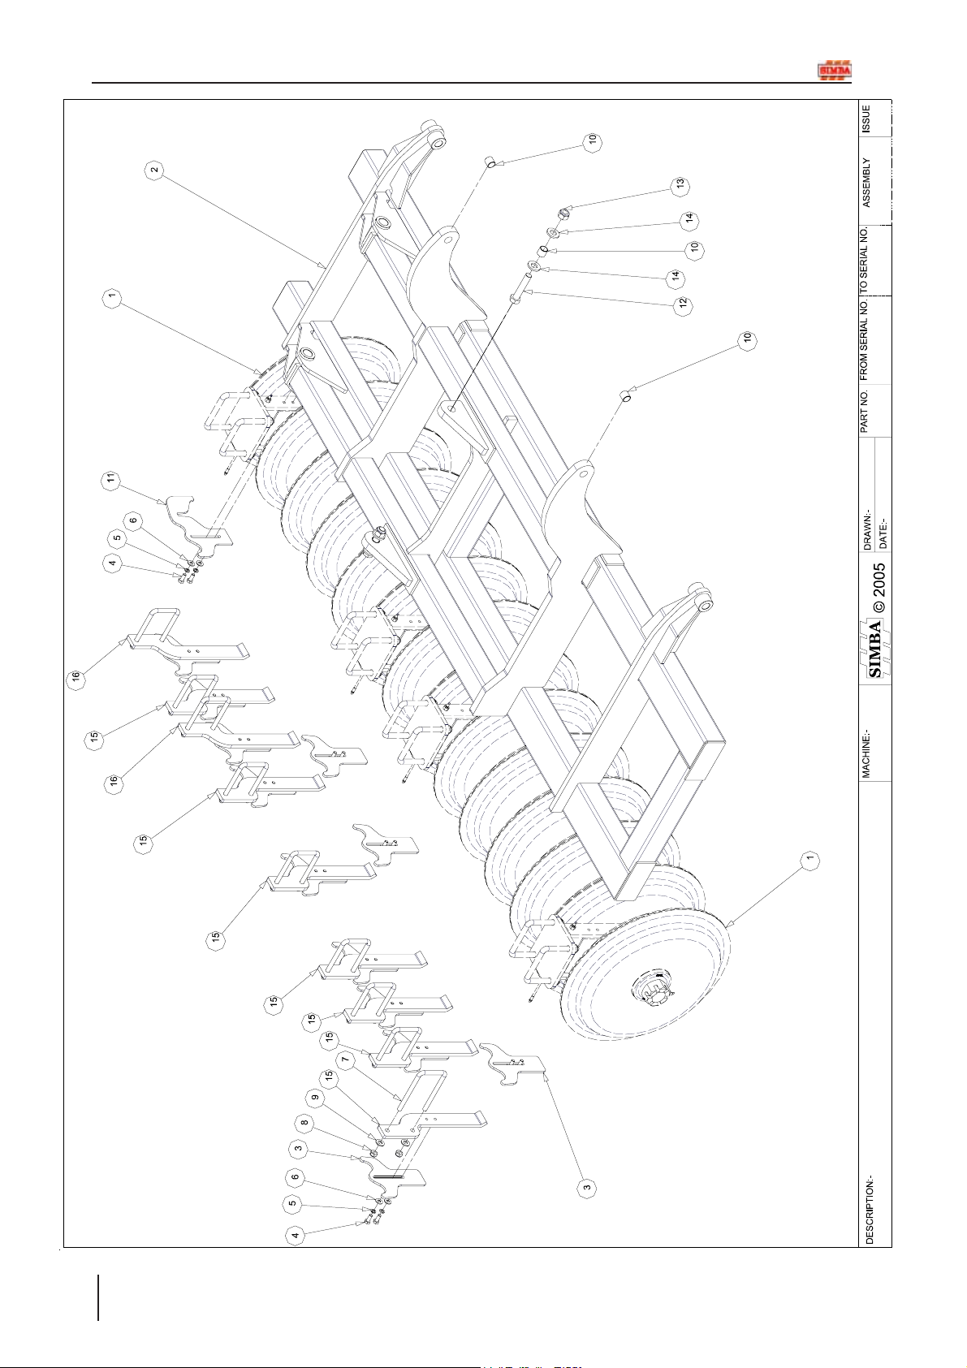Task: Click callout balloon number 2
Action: point(154,170)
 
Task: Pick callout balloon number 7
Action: point(347,1060)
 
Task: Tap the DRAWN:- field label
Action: point(868,532)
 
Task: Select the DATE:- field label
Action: point(883,532)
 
